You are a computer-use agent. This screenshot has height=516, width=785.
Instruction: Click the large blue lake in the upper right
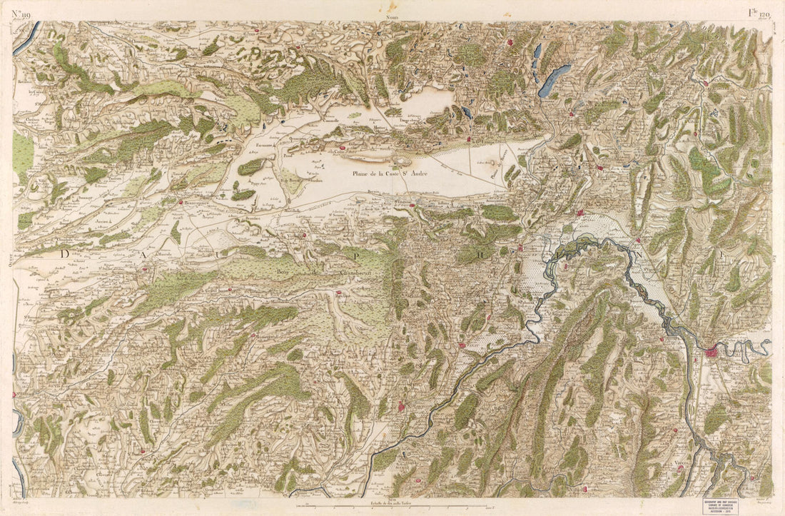click(x=554, y=81)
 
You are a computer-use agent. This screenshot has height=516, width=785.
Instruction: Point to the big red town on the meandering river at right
click(x=711, y=351)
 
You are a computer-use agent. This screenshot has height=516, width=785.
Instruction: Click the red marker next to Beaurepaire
click(x=181, y=202)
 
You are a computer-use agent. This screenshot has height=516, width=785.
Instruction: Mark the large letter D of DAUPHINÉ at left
click(x=66, y=253)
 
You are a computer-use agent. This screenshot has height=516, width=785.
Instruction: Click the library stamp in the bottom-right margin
click(x=727, y=505)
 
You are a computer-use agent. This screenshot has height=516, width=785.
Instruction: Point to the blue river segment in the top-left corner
click(x=26, y=39)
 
